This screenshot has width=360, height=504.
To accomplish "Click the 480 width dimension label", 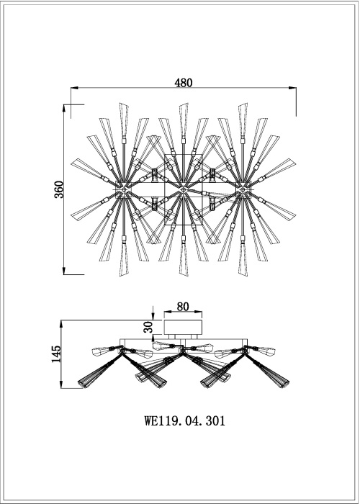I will [185, 83].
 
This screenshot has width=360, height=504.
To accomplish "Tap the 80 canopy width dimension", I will [183, 306].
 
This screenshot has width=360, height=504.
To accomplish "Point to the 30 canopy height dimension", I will [147, 326].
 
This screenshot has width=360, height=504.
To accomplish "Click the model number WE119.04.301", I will [185, 422].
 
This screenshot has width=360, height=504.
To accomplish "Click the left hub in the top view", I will [124, 189].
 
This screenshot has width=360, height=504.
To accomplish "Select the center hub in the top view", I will [184, 189].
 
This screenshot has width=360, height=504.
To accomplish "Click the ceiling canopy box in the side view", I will [183, 328].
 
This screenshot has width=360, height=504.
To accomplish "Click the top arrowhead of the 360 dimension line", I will [66, 107].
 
